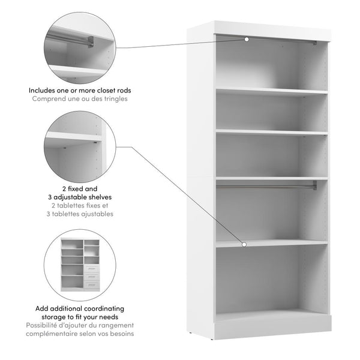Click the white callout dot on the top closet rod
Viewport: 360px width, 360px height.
pos(246,40)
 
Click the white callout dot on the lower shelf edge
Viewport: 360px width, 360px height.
pos(245,244)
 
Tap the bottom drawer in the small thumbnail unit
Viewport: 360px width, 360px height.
pos(91,284)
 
